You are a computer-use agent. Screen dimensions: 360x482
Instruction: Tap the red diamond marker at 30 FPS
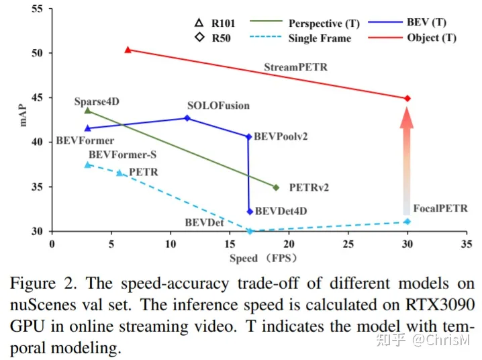click(407, 98)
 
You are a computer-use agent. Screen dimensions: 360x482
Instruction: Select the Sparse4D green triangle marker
click(87, 110)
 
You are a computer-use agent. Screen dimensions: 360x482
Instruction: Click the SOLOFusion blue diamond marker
click(187, 118)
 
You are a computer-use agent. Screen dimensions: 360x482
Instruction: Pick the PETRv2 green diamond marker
click(276, 187)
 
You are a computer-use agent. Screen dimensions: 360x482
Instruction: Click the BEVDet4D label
click(281, 211)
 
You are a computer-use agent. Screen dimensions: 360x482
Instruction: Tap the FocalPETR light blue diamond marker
click(407, 222)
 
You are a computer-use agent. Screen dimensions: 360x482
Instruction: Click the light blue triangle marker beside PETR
click(119, 173)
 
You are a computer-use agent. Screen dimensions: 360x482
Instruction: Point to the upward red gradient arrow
click(407, 158)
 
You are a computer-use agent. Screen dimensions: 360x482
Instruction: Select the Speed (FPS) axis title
click(263, 258)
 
